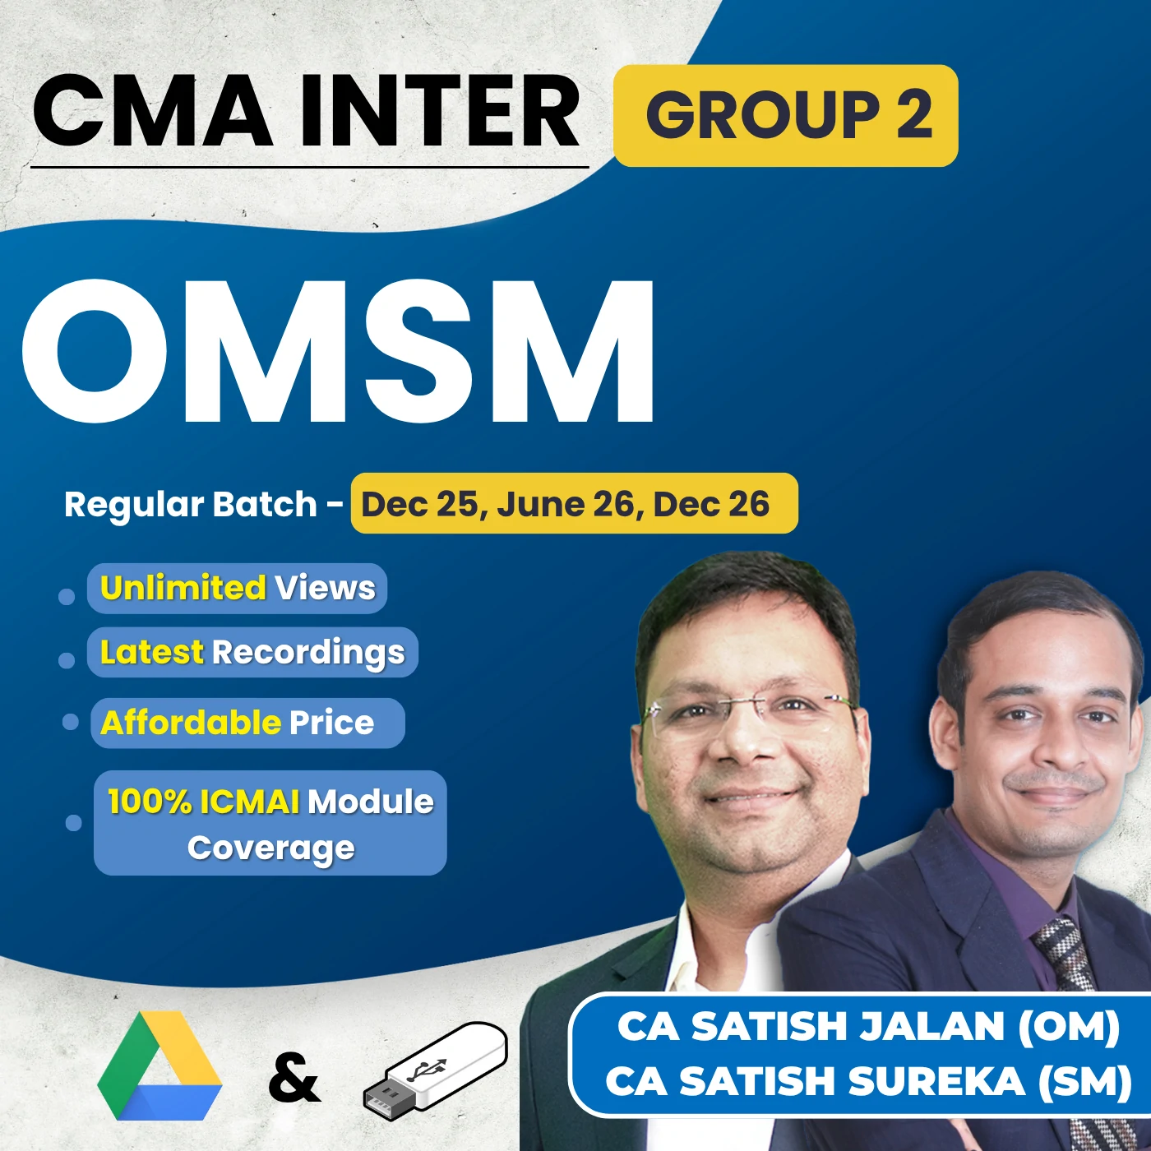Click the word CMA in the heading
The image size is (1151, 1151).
pos(153,112)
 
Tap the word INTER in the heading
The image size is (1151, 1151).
pos(440,112)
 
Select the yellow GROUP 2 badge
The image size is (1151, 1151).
pos(786,115)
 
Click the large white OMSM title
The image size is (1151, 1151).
pos(339,352)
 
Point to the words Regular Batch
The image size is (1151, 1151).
pos(191,504)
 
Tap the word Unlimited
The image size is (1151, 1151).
pos(183,588)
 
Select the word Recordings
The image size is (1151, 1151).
pos(308,653)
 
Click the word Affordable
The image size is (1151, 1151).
pos(191,723)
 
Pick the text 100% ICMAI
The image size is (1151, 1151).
pos(203,802)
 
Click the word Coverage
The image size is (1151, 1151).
pos(271,848)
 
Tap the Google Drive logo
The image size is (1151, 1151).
pos(159,1067)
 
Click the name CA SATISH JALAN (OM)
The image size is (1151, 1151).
pos(868,1027)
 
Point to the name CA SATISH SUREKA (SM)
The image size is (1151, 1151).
pos(868,1081)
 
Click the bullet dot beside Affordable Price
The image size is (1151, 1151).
pos(71,722)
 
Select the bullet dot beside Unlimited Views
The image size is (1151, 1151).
pos(67,596)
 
